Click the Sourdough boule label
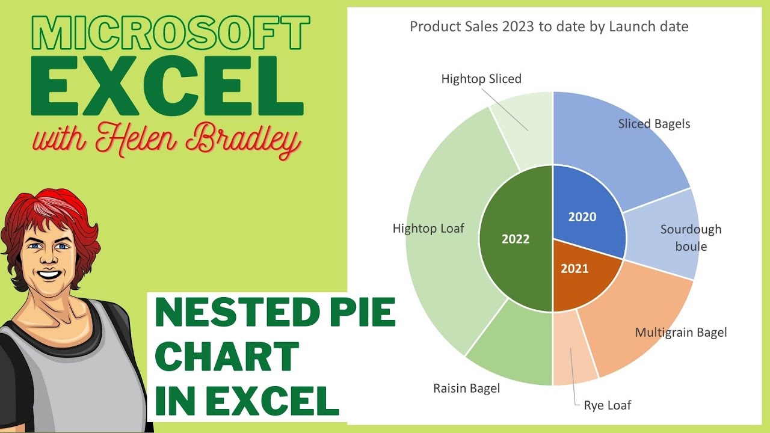691,238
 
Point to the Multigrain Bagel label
681,332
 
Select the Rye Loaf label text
608,405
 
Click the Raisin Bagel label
466,388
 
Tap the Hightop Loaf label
428,229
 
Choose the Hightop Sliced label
481,79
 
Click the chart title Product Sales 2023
549,26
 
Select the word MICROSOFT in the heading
170,33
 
